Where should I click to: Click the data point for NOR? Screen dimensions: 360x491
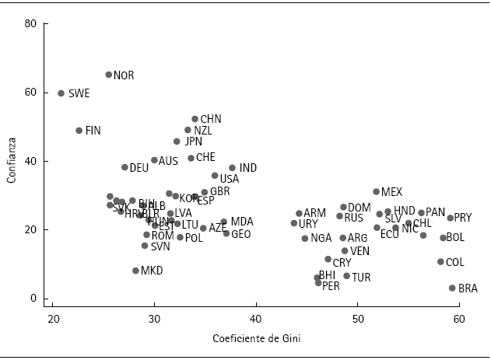click(109, 75)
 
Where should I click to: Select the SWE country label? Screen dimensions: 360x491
click(79, 93)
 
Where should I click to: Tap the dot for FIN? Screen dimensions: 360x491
click(79, 131)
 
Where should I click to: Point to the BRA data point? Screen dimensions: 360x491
click(452, 288)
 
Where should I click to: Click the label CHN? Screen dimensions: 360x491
click(211, 119)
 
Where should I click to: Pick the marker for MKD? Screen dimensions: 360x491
click(135, 271)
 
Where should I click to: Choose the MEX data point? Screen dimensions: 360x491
click(377, 191)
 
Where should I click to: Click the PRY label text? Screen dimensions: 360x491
click(462, 218)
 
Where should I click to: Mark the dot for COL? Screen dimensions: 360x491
click(440, 262)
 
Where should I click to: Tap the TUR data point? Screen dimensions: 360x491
click(347, 276)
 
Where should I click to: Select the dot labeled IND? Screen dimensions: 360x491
click(232, 168)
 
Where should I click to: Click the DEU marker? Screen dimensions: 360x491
click(125, 167)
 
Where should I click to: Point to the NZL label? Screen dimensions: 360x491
click(202, 131)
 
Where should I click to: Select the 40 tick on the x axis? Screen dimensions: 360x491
click(255, 320)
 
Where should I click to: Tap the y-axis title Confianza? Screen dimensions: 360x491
click(11, 161)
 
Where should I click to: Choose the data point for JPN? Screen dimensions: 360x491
click(177, 142)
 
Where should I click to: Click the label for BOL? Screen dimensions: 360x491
click(454, 238)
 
